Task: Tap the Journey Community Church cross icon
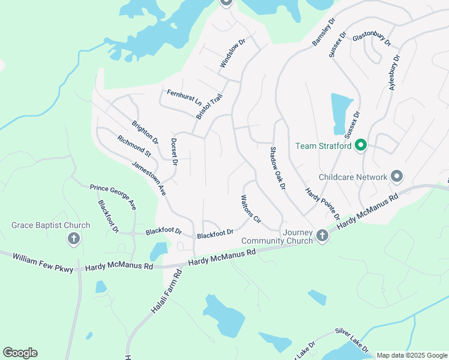322,235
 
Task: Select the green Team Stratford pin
360,146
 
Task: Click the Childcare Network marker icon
396,177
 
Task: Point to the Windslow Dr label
233,53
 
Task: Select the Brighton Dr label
145,133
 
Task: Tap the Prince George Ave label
113,197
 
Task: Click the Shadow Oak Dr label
276,169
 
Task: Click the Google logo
20,353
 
